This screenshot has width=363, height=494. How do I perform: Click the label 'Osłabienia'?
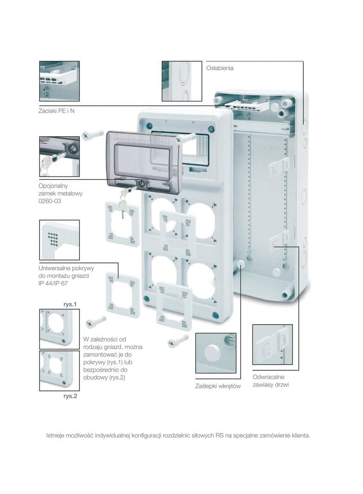click(219, 68)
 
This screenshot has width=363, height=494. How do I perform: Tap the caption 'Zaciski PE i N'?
click(56, 112)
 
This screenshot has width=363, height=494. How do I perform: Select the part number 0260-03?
click(49, 201)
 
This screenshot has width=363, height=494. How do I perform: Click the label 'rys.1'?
click(69, 304)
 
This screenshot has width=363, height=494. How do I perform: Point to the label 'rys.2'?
click(70, 397)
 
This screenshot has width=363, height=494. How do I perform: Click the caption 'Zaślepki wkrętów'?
click(218, 386)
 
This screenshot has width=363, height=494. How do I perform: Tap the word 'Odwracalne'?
click(269, 377)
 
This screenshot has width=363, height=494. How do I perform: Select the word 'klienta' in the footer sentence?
click(300, 436)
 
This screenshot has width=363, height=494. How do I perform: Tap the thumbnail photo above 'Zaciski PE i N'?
click(59, 81)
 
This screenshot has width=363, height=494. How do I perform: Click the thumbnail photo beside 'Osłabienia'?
click(181, 81)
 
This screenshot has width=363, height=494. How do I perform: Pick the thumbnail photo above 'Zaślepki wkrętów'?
click(216, 353)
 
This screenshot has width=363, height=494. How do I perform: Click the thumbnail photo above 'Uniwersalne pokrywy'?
click(59, 240)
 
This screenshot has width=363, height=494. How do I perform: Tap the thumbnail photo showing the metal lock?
click(59, 156)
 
